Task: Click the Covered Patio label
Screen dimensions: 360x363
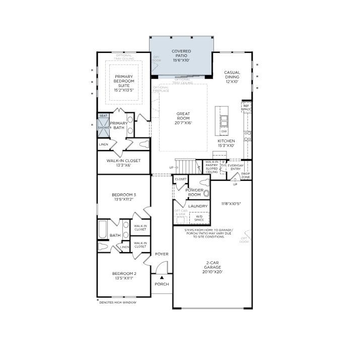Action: point(181,56)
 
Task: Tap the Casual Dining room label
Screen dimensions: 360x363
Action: point(232,77)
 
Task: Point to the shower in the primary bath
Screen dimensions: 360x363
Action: point(104,128)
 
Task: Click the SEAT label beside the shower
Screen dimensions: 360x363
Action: point(103,116)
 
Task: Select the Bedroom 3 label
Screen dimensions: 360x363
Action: point(123,196)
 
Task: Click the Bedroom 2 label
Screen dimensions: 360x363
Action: point(123,275)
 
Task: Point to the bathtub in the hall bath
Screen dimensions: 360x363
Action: point(103,230)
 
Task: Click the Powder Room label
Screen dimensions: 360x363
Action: point(194,192)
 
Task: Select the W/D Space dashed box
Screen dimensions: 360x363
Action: point(199,218)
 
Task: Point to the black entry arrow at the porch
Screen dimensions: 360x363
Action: point(162,277)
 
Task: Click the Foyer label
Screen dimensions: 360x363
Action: point(162,254)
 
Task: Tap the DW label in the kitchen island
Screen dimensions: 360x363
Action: point(224,131)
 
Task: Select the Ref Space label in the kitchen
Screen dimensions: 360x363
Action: point(246,107)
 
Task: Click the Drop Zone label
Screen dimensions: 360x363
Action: point(246,176)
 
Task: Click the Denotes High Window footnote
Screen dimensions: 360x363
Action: point(117,302)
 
